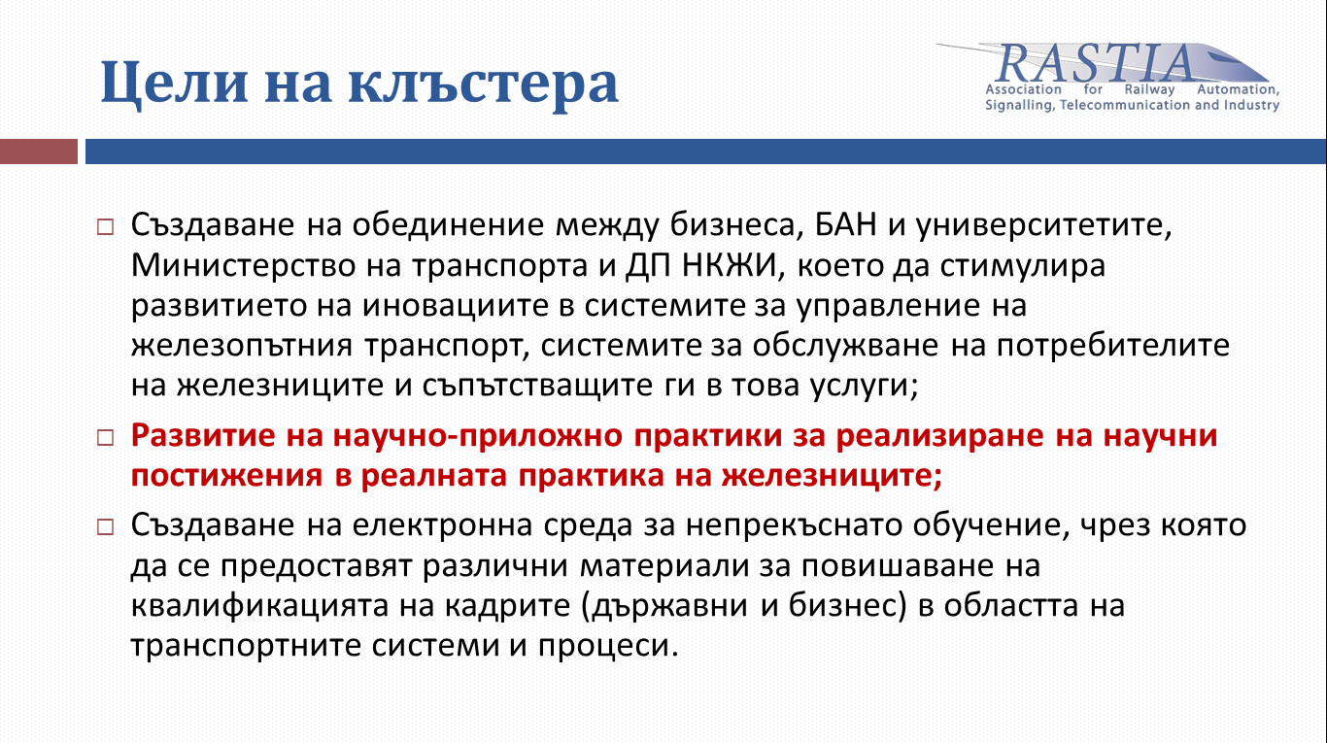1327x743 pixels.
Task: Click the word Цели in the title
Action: click(x=174, y=84)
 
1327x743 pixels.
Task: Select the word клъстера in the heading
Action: click(x=484, y=84)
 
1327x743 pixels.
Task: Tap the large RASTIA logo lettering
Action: click(x=1095, y=63)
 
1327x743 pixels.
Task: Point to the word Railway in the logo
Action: click(x=1149, y=89)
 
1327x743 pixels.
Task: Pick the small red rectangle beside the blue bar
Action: click(x=39, y=152)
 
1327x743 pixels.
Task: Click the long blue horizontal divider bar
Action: click(x=705, y=152)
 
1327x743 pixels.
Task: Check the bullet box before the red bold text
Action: click(x=106, y=438)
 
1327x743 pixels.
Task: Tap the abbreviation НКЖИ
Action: click(x=729, y=265)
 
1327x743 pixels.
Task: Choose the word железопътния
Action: click(x=242, y=346)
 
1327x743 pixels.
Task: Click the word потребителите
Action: click(x=1112, y=346)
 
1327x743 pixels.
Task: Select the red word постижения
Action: click(x=227, y=476)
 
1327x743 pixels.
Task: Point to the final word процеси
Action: click(x=608, y=646)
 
